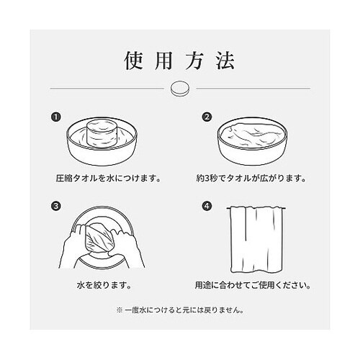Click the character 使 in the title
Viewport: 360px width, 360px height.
(x=133, y=60)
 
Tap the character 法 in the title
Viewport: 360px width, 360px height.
(x=225, y=60)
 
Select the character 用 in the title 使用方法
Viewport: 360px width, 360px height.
(x=163, y=60)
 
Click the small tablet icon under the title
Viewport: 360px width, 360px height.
(x=180, y=89)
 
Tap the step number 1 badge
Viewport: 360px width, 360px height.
(x=56, y=117)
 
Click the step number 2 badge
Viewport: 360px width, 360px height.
(x=207, y=117)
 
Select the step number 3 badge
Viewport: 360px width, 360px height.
(x=56, y=206)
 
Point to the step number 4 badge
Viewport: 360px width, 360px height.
(x=207, y=206)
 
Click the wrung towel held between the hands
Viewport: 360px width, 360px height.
(x=98, y=238)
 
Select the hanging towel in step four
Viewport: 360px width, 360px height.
(x=256, y=240)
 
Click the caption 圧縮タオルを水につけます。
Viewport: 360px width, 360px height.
(x=108, y=179)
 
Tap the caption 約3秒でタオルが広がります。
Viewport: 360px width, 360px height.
(x=251, y=179)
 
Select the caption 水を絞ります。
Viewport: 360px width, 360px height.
(x=104, y=285)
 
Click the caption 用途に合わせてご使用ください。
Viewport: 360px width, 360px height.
(x=253, y=285)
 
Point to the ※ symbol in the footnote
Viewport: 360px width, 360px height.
(x=120, y=310)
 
